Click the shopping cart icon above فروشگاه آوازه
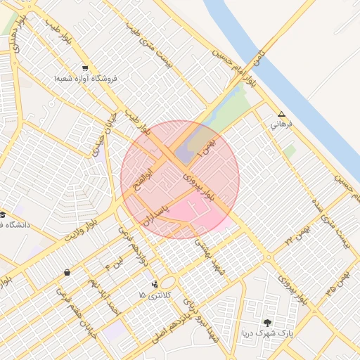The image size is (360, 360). click(x=85, y=69)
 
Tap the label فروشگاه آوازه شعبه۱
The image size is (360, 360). click(x=84, y=79)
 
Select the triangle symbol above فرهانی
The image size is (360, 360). click(x=282, y=114)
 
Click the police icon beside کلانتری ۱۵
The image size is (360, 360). click(x=155, y=284)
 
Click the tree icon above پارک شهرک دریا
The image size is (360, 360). click(x=267, y=322)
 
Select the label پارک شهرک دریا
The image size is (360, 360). click(x=267, y=333)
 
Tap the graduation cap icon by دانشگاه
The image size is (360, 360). click(x=3, y=214)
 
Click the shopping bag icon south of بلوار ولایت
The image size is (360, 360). click(x=67, y=272)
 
